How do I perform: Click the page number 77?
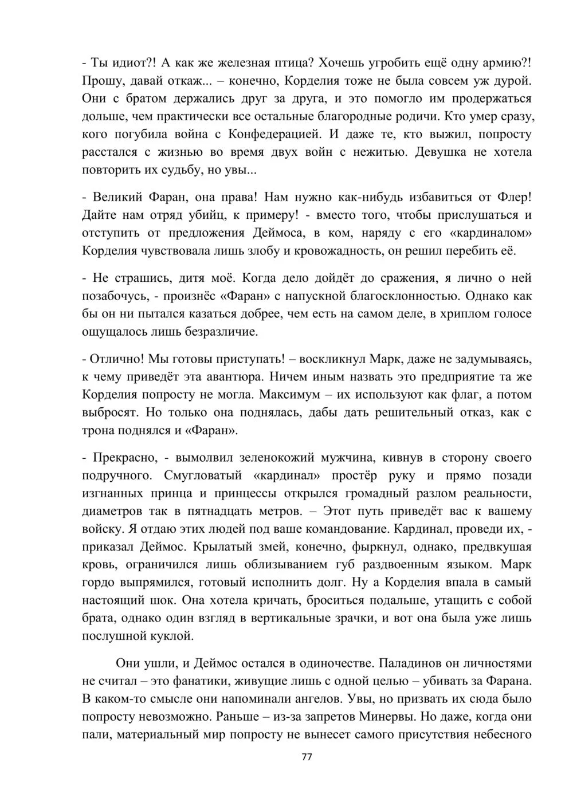click(x=306, y=757)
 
